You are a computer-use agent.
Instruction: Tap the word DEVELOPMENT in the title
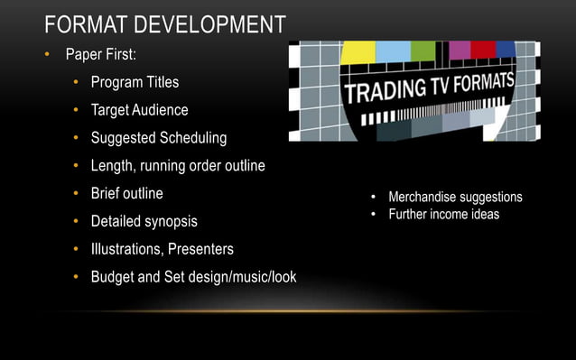tap(213, 23)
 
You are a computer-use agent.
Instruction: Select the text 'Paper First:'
tap(100, 55)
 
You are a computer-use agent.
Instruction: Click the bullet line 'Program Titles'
tap(135, 82)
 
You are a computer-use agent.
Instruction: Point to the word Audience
tap(159, 110)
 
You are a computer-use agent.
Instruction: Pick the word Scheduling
tap(192, 138)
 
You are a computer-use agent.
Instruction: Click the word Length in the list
tap(113, 166)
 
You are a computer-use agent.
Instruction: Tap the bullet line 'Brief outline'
tap(126, 193)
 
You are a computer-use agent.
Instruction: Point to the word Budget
tap(114, 276)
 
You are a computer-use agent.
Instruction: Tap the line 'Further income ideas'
tap(443, 214)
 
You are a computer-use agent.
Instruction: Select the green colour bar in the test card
tap(423, 51)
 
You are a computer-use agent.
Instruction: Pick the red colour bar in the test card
tap(483, 49)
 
